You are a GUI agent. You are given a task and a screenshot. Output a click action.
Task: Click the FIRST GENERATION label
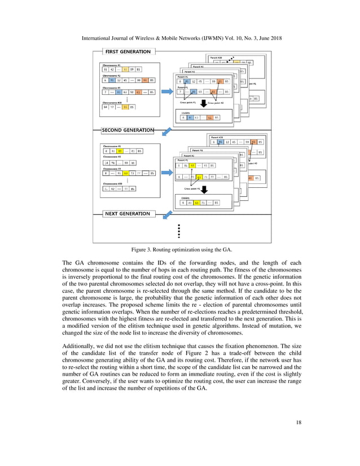pos(127,51)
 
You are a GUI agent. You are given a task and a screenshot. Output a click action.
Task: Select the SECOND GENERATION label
pos(127,130)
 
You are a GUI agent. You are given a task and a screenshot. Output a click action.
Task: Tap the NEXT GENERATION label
pos(127,214)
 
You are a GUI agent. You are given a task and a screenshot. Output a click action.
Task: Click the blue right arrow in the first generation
pos(168,90)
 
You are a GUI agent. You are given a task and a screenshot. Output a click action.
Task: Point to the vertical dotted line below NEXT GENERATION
pos(179,231)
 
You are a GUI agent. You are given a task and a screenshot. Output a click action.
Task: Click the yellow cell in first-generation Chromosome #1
pos(125,69)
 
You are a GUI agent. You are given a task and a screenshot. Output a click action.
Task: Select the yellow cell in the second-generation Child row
pos(196,203)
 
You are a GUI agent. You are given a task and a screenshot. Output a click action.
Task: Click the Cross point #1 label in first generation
pos(188,103)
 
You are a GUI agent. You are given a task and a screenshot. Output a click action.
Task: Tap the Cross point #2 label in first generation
pos(216,103)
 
